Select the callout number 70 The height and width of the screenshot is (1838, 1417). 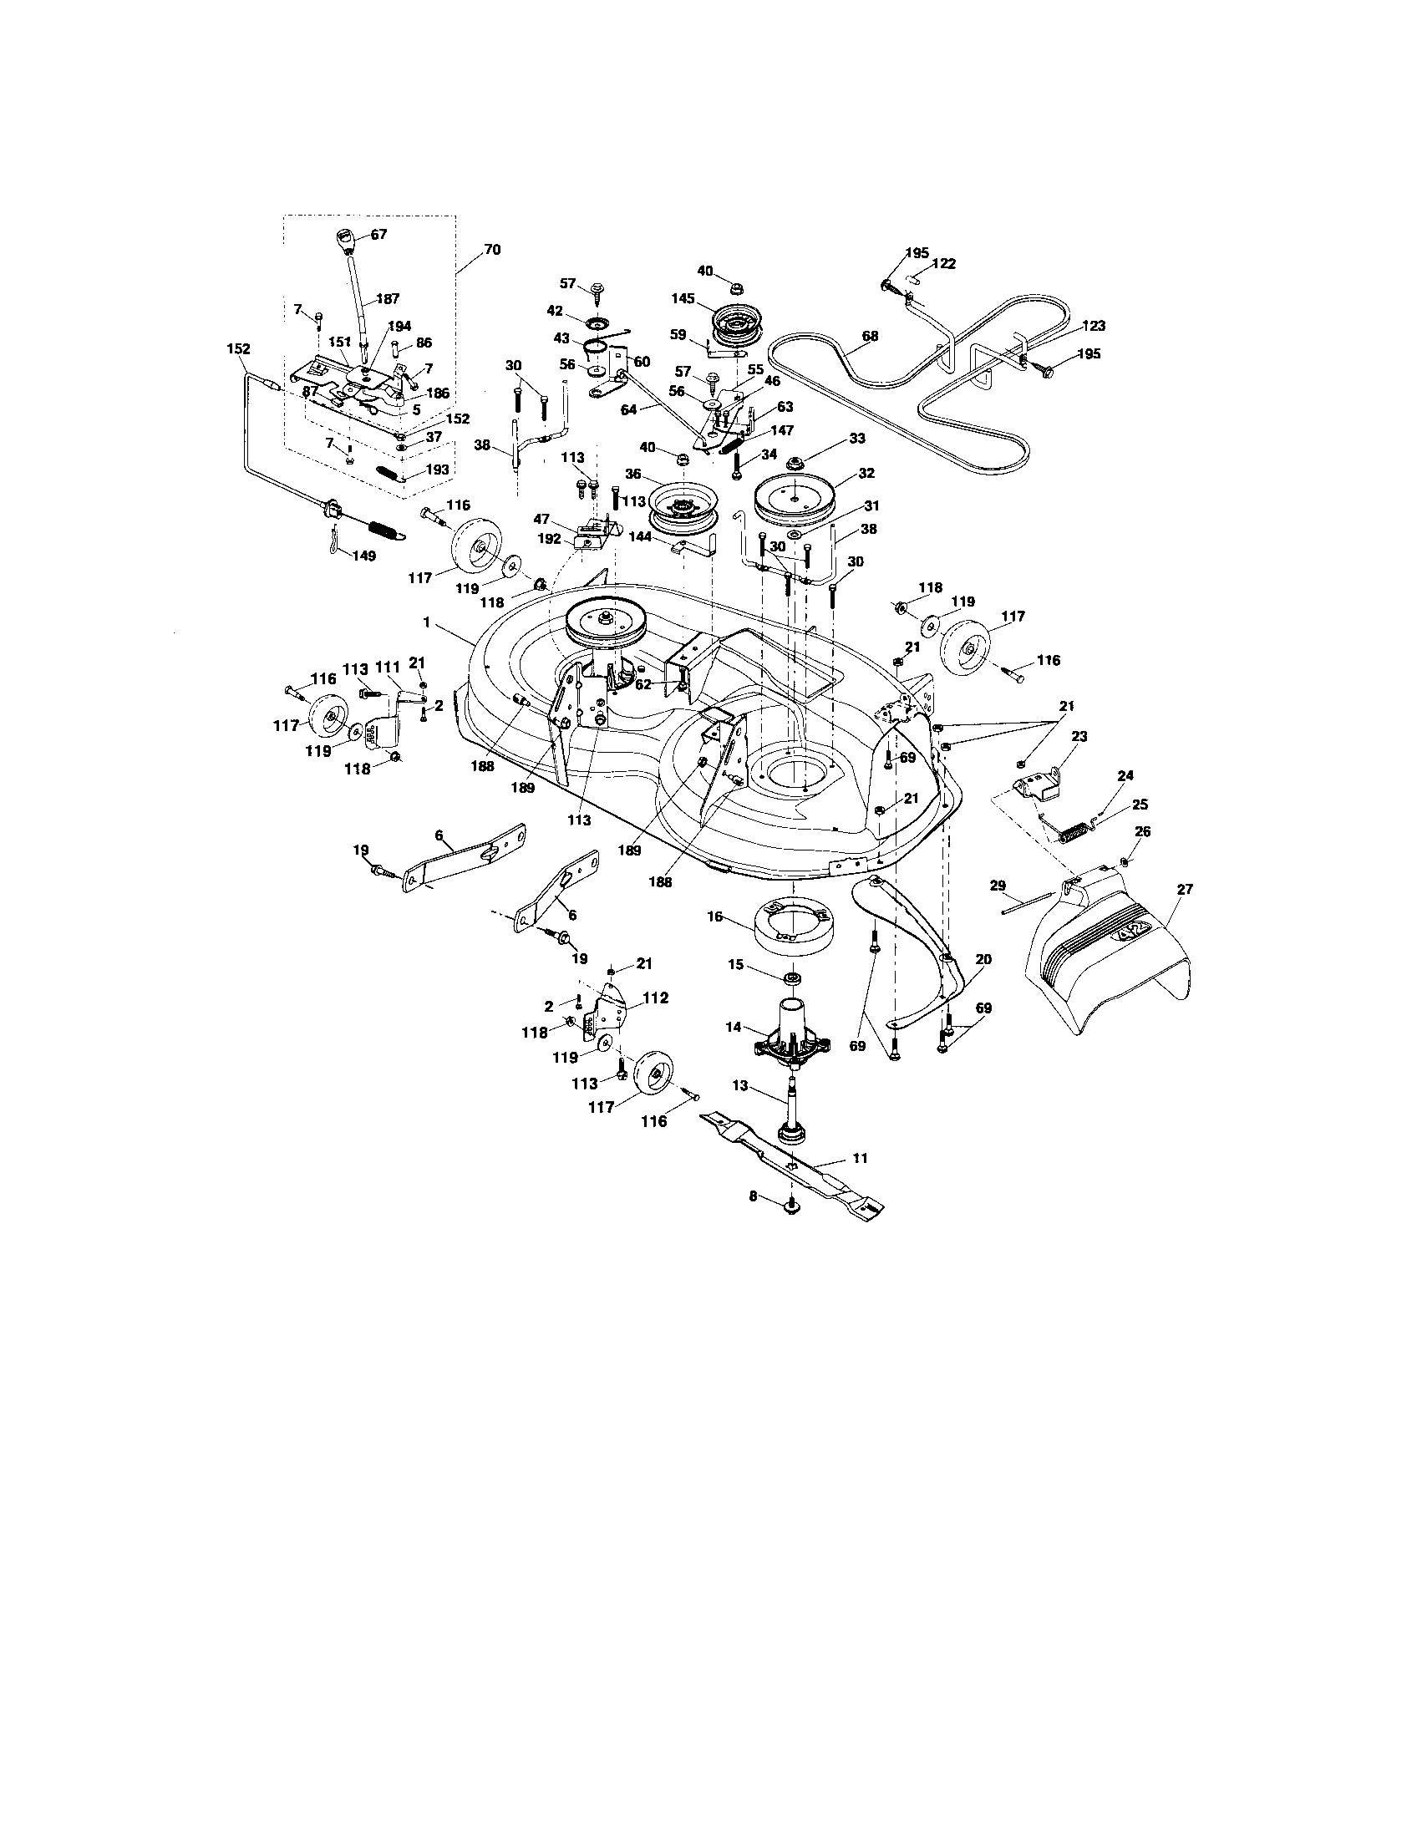coord(491,249)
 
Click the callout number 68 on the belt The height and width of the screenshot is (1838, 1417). coord(869,336)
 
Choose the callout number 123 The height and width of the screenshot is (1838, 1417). coord(1093,325)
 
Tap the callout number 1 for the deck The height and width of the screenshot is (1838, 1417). coord(427,622)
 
